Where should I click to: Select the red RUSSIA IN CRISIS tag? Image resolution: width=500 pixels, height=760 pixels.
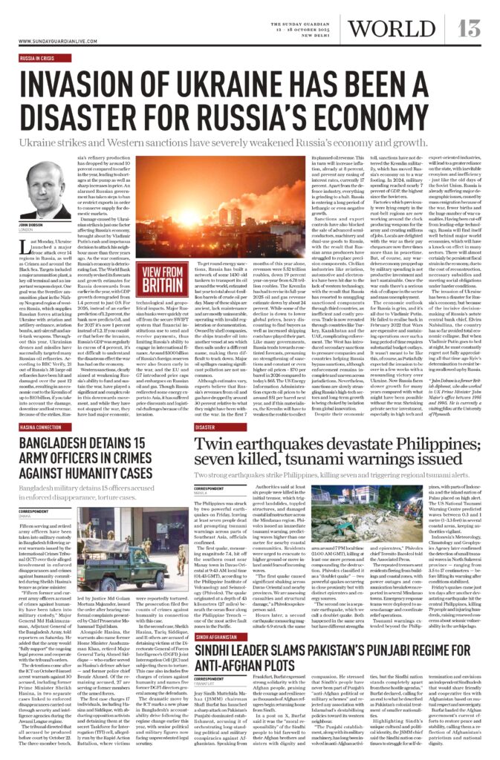(36, 56)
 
